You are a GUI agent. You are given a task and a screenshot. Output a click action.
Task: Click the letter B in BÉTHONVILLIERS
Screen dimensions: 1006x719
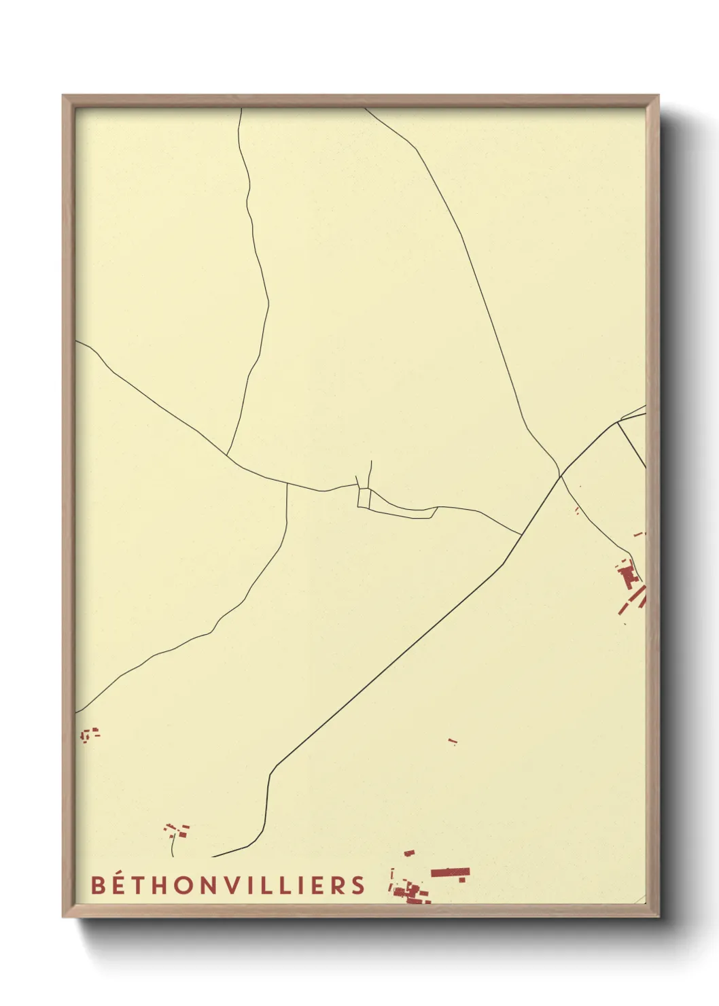[x=99, y=885]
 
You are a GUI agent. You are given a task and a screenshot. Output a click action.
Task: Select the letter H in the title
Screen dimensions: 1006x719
[x=161, y=885]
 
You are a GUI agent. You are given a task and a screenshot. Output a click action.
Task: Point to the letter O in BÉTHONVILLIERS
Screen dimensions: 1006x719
[x=184, y=885]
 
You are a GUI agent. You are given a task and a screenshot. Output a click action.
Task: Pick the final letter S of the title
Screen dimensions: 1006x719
[x=358, y=885]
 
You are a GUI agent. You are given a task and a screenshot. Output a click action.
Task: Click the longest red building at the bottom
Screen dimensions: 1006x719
[x=450, y=872]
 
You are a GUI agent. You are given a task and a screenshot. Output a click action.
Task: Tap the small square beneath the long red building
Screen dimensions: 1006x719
[x=462, y=880]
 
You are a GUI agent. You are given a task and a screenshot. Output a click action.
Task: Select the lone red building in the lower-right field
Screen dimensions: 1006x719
[x=453, y=742]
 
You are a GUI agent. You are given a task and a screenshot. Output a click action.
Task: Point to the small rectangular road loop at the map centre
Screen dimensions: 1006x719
[x=364, y=498]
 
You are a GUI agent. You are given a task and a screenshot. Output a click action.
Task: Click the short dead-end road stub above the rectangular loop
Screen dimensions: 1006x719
[x=370, y=473]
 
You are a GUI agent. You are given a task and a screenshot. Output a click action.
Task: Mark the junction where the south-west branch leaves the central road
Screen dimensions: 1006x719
[x=287, y=485]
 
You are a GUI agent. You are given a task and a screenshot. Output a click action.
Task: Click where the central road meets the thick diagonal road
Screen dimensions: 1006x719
[x=521, y=535]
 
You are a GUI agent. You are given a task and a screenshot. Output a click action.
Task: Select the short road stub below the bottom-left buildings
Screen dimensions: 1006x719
[x=173, y=846]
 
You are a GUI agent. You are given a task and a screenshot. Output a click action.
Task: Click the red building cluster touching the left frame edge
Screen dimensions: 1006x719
[x=88, y=734]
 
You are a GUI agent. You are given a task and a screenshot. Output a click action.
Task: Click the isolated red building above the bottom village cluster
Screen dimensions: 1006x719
[x=409, y=853]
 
